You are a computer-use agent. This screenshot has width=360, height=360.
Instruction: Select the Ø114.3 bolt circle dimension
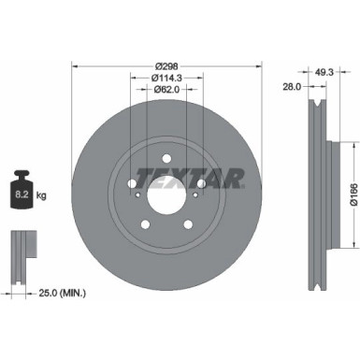pos(168,77)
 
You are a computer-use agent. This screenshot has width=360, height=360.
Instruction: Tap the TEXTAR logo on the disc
pos(191,175)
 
